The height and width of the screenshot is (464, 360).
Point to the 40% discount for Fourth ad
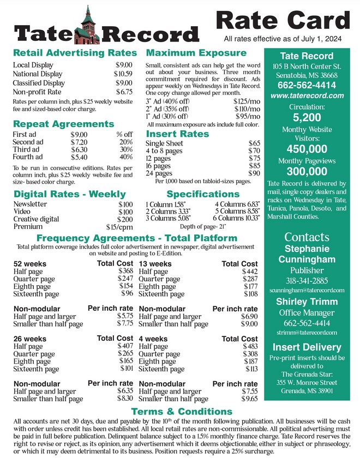[x=126, y=157]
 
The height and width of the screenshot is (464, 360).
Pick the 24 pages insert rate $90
[x=254, y=173]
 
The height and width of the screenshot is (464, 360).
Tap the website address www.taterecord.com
[x=306, y=95]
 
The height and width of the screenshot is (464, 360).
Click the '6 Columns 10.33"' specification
[x=237, y=218]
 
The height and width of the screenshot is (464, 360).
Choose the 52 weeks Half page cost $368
[x=126, y=271]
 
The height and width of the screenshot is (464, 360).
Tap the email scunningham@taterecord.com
[x=306, y=291]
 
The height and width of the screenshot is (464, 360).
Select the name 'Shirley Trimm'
[x=306, y=302]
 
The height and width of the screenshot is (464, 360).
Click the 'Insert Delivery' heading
[x=306, y=347]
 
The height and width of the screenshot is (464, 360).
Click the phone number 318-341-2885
[x=306, y=281]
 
